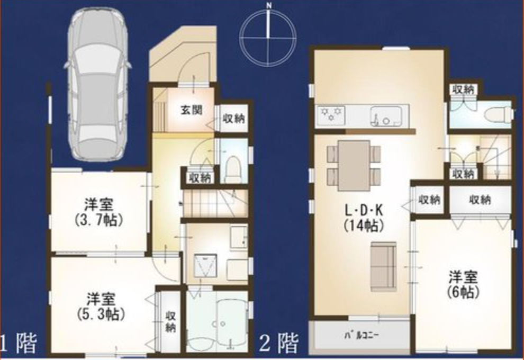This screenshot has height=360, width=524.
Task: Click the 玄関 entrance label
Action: click(192, 110)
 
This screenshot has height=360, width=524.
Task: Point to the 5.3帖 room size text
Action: click(101, 314)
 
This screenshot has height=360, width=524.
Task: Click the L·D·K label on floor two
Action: click(364, 210)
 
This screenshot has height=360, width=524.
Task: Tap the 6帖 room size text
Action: click(463, 292)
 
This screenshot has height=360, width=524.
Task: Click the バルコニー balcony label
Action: click(362, 335)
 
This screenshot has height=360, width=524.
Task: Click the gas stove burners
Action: click(330, 114)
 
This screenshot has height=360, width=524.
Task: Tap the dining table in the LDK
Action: click(354, 166)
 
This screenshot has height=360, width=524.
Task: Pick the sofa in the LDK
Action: click(383, 266)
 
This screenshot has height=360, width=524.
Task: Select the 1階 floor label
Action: click(18, 344)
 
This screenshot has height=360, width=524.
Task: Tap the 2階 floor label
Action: click(279, 343)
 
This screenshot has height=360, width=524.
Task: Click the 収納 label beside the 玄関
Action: click(233, 119)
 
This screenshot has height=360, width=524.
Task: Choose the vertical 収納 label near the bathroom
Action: click(170, 321)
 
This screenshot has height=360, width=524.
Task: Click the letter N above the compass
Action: click(268, 5)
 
